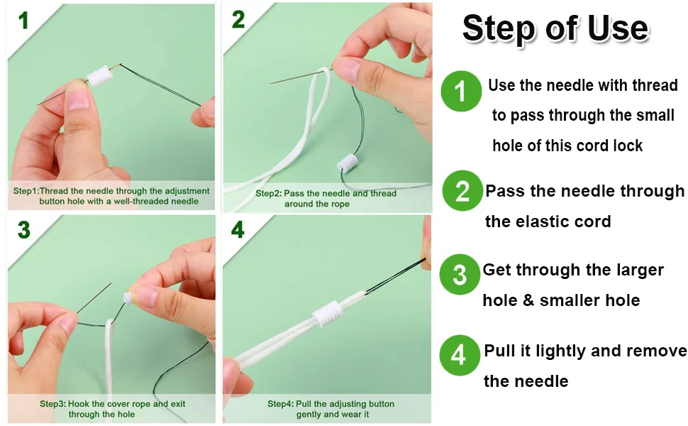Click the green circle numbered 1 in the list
click(461, 92)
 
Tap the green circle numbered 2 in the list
click(462, 190)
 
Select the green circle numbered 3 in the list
click(460, 275)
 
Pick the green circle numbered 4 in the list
click(460, 355)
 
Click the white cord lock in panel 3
click(128, 297)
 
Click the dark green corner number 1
click(23, 21)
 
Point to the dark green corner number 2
click(238, 20)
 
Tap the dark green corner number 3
click(24, 230)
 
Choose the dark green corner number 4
click(238, 230)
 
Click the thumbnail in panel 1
click(78, 99)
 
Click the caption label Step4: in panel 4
click(280, 403)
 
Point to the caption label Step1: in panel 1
click(26, 191)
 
